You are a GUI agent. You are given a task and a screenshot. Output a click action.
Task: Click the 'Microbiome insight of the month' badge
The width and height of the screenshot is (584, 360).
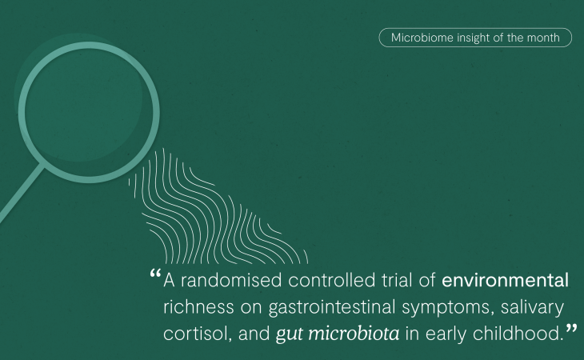tap(475, 38)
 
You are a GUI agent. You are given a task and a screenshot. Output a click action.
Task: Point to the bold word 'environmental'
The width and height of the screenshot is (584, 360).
tap(505, 280)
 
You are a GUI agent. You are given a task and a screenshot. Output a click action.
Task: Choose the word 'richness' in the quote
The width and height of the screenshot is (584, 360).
tap(198, 307)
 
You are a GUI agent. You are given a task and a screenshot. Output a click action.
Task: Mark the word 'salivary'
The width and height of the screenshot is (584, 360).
tap(532, 308)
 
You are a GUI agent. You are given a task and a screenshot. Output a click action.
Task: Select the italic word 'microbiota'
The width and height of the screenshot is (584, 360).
tap(354, 333)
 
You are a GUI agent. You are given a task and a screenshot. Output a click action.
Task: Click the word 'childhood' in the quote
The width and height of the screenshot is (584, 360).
tap(518, 333)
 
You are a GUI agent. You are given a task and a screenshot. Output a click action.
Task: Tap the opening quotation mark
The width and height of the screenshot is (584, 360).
tap(155, 274)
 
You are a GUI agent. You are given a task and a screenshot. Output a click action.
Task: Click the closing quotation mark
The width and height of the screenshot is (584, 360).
tap(571, 329)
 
